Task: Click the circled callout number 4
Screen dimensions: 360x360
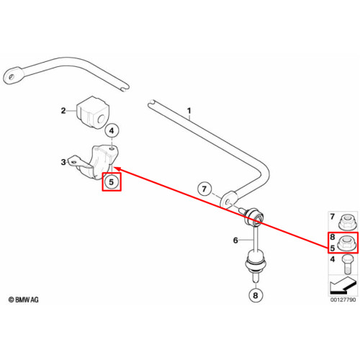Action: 112,131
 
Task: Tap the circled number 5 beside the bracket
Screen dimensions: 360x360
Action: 111,182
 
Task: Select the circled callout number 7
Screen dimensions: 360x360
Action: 204,189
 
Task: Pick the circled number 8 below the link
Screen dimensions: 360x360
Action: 256,295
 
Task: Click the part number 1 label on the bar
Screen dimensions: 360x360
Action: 189,111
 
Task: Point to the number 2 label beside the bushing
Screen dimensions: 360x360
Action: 63,111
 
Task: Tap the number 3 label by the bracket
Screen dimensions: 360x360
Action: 63,162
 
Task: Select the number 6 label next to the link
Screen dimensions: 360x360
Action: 235,240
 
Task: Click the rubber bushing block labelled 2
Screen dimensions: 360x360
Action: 92,112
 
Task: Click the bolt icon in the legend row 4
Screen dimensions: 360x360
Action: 347,264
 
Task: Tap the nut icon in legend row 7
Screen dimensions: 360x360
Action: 345,222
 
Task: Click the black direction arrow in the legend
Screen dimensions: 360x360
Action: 343,286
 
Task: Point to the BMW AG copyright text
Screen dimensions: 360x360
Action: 24,300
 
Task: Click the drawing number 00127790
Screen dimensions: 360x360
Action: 343,300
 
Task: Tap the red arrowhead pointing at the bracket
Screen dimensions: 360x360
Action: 117,169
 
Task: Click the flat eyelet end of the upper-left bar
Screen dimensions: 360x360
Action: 12,76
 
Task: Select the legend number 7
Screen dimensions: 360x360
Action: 333,217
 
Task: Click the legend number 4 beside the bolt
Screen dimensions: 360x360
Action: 333,259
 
